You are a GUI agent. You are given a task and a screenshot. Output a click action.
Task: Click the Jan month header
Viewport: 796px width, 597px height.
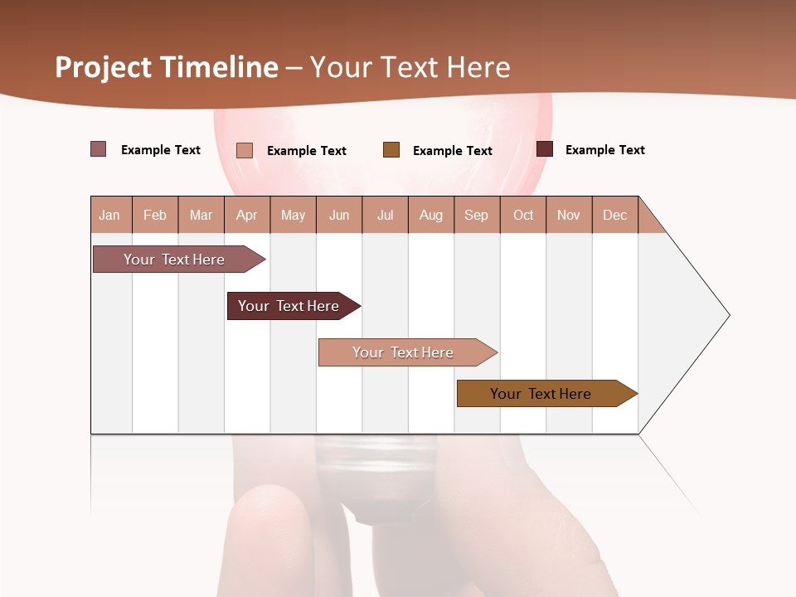point(110,215)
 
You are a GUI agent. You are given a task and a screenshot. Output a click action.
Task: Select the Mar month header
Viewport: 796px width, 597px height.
point(201,215)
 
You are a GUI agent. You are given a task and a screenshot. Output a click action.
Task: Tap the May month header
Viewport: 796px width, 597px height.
point(293,215)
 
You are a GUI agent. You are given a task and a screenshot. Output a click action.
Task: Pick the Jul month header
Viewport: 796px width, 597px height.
point(385,215)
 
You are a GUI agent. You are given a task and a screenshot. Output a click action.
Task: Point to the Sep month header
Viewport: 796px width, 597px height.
point(476,215)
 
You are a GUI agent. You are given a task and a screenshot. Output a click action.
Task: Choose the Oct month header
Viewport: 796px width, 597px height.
point(523,215)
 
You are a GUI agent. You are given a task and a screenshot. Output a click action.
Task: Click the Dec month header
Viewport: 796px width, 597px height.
point(614,215)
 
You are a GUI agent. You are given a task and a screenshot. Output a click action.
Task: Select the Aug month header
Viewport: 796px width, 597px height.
point(430,215)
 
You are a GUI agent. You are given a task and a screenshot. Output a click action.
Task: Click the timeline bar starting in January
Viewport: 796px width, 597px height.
point(174,260)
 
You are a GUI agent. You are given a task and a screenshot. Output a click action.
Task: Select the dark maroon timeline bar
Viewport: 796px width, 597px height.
point(289,306)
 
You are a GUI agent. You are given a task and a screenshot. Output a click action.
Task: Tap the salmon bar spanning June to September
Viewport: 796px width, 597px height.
point(403,352)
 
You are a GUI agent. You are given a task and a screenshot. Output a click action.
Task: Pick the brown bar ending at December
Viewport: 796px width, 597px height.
point(541,394)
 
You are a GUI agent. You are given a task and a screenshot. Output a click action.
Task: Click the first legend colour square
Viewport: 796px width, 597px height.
point(99,149)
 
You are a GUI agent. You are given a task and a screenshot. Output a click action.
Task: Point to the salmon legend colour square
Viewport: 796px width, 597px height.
point(245,150)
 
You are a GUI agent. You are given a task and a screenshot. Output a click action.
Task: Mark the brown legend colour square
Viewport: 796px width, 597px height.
point(391,150)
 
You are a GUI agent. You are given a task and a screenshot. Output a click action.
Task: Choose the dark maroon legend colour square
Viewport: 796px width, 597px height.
point(545,149)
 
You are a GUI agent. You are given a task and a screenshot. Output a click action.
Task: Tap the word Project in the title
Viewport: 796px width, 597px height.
point(101,67)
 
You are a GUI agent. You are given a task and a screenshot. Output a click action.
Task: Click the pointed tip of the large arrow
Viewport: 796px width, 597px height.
point(728,315)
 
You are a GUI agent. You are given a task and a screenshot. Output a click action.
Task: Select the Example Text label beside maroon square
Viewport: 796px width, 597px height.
point(604,150)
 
